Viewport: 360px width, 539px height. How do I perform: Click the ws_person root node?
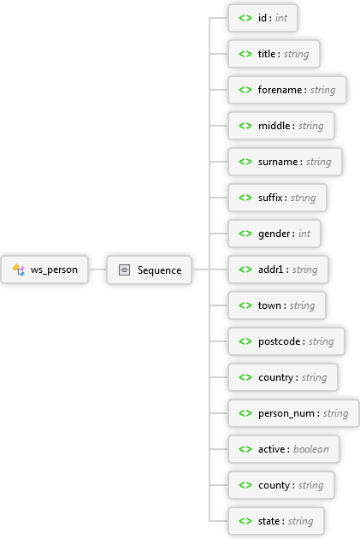[44, 269]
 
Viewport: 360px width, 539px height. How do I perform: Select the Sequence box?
[149, 269]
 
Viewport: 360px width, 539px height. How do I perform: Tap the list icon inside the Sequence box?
[124, 269]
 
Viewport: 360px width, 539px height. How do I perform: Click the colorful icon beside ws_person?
[19, 269]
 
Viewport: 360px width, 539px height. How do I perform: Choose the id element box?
[263, 18]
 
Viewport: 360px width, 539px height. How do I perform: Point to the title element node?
[274, 54]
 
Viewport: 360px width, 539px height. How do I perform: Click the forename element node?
[287, 90]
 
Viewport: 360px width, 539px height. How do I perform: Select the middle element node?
[281, 126]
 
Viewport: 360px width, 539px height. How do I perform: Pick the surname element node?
[285, 162]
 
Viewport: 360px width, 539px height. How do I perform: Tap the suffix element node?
[278, 198]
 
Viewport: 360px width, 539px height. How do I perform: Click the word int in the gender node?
[304, 234]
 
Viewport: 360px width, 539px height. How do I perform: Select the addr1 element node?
[278, 269]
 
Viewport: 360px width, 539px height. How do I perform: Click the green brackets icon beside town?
[245, 305]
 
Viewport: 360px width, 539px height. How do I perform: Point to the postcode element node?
[286, 341]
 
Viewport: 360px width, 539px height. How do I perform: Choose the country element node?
[283, 377]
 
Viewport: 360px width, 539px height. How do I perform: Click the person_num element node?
[293, 413]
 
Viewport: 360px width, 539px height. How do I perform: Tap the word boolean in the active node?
[311, 449]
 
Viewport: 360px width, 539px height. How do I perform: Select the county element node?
[281, 485]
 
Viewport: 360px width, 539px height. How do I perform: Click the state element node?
[276, 521]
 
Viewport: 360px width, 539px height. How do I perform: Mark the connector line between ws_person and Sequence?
[97, 269]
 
